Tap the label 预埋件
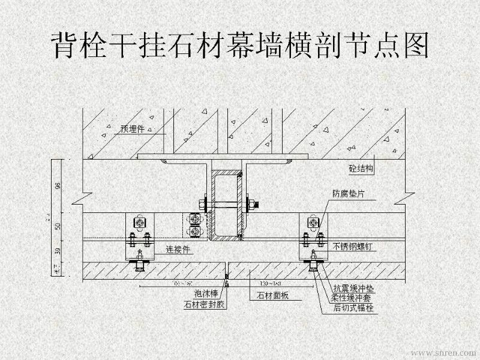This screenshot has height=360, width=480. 131,128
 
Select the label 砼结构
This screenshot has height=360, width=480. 361,169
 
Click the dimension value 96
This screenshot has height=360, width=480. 58,185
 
